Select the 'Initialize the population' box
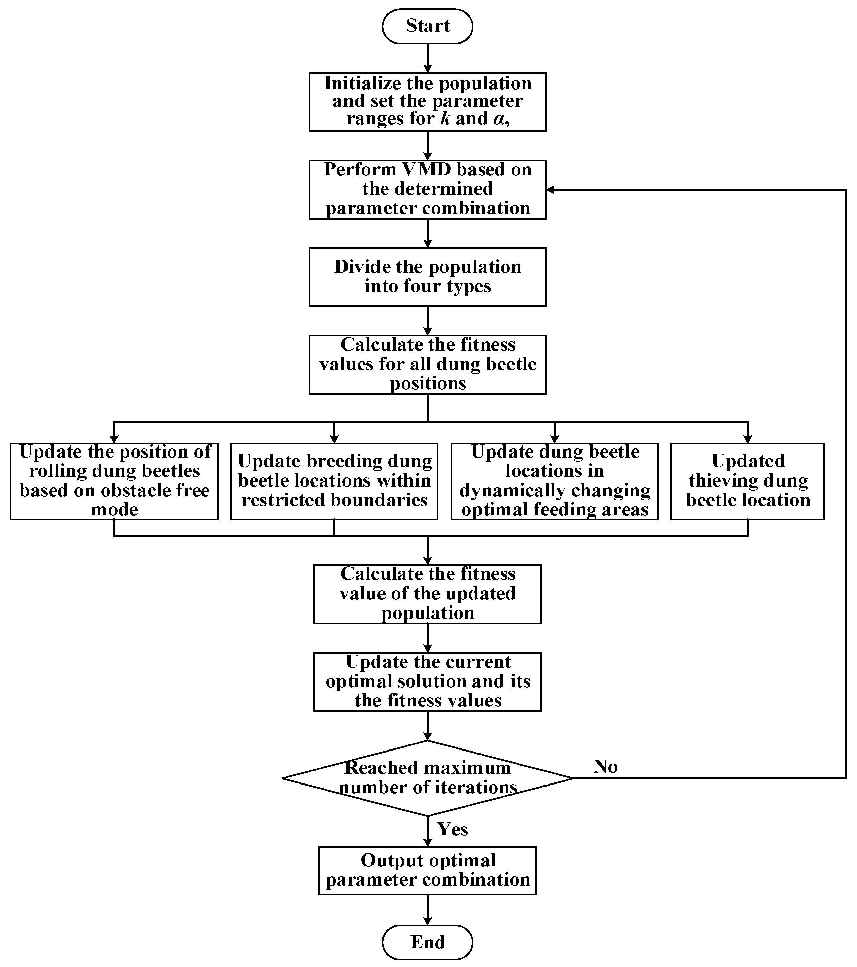coord(427,102)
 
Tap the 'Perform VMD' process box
coord(427,189)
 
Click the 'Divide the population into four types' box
coord(427,277)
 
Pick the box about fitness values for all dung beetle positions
coord(427,364)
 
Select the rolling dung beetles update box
coord(114,481)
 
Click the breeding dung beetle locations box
coord(334,481)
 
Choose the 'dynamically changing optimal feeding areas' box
coord(555,481)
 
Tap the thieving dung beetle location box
coord(748,481)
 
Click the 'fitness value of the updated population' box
coord(427,594)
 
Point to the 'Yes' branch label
coord(452,829)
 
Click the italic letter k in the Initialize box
coord(445,118)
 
